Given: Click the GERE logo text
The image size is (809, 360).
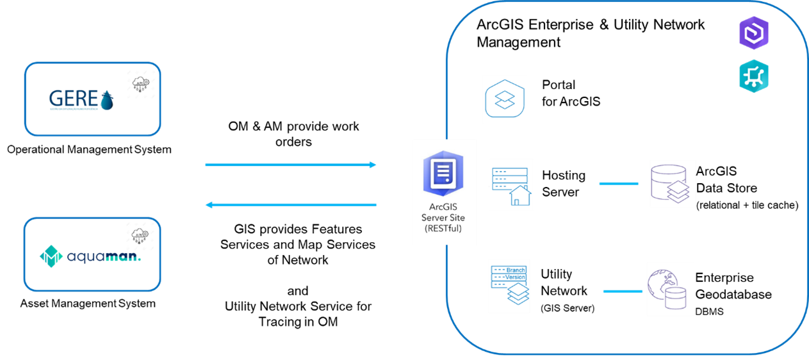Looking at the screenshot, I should [x=74, y=99].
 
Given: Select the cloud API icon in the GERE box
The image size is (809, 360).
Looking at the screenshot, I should [x=140, y=85].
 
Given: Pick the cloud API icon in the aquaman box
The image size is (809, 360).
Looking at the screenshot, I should [x=140, y=236].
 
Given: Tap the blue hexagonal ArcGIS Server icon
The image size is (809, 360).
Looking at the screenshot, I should [x=443, y=173].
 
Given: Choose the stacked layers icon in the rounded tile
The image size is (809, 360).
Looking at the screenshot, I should [x=504, y=99].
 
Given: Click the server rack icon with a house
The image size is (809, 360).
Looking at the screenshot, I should [x=511, y=184].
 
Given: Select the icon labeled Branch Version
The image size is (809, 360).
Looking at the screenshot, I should [x=509, y=286].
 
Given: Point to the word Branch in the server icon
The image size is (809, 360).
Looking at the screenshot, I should [x=515, y=270].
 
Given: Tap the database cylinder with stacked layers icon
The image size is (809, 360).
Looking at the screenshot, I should [x=672, y=183].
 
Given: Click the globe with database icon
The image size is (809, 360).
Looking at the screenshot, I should [x=669, y=288].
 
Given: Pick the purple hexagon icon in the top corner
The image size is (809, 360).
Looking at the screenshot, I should [x=754, y=33].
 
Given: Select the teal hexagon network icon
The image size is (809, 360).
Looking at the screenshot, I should [x=754, y=77].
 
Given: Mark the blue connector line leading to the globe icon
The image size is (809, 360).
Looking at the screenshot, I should [x=623, y=291].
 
